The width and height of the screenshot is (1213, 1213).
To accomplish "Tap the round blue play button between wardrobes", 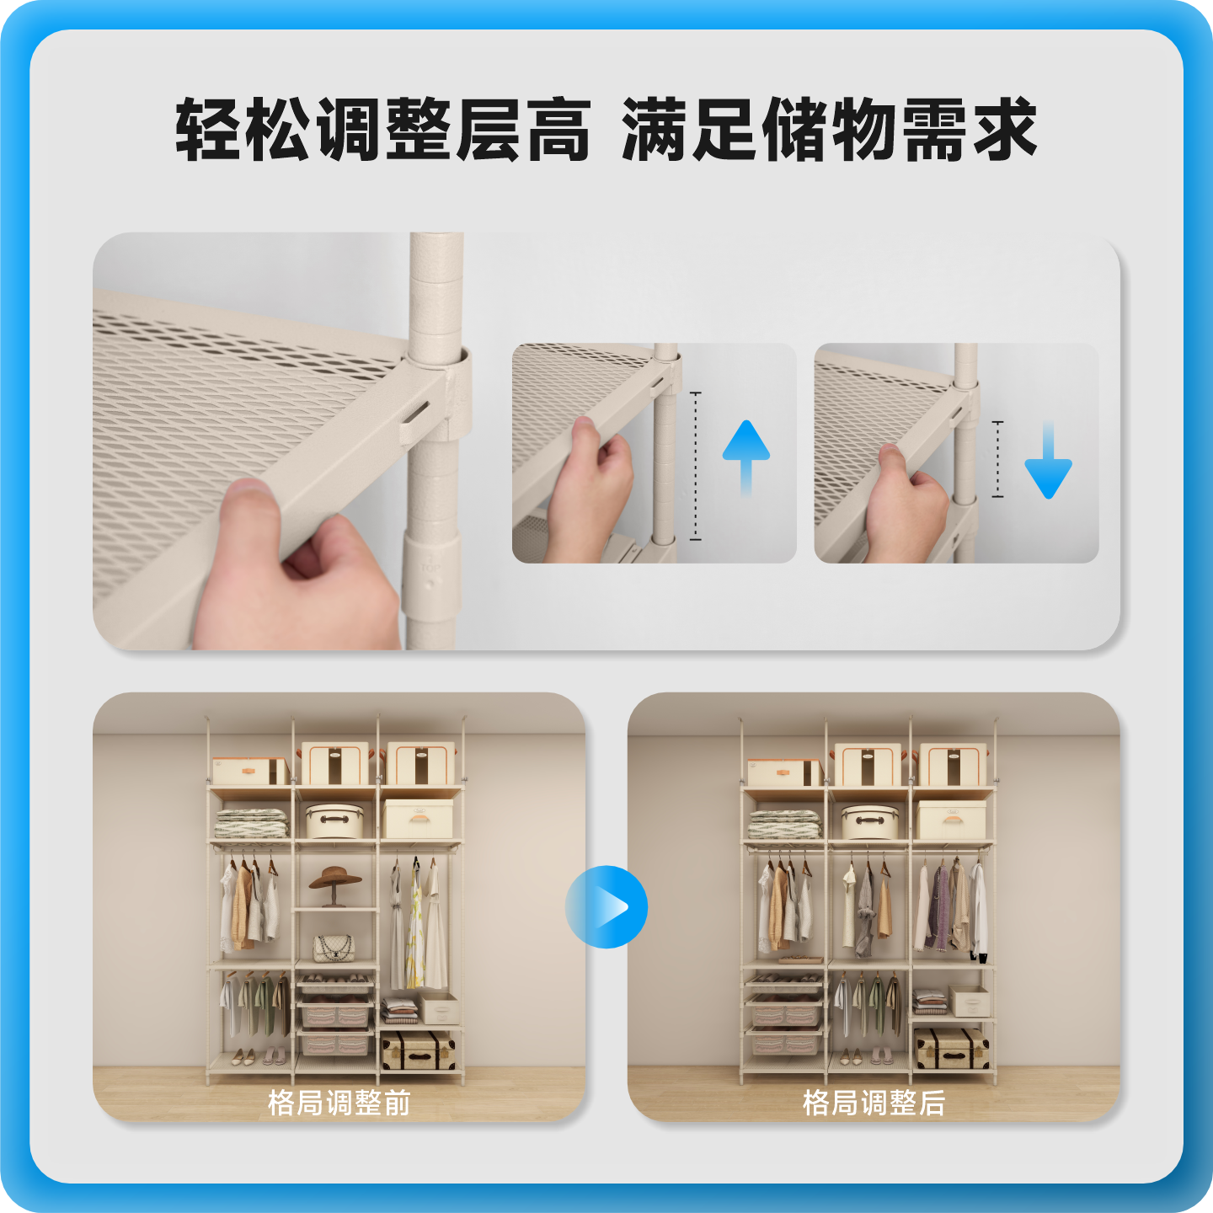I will tap(606, 907).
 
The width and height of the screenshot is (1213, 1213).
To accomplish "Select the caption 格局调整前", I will tap(339, 1102).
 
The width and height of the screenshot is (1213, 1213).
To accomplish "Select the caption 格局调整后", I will tap(874, 1102).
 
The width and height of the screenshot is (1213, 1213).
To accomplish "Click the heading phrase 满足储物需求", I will tap(829, 130).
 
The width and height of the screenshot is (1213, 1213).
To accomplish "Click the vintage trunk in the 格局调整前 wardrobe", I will tap(419, 1050).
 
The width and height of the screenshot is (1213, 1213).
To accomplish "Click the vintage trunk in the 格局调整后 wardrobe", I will tap(952, 1049).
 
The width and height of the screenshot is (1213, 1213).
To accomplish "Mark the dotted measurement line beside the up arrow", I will tap(696, 466).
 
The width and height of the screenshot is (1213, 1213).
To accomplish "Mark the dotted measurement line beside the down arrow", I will tap(997, 459).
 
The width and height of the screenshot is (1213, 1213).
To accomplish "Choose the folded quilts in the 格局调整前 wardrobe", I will tap(251, 822).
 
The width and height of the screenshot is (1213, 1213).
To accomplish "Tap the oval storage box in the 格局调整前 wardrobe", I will tap(334, 820).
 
